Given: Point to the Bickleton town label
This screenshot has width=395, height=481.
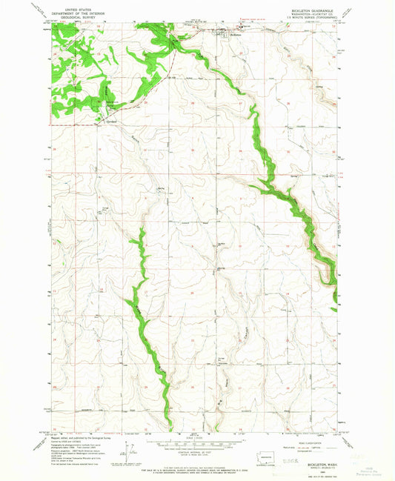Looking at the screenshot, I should point(236,34).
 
